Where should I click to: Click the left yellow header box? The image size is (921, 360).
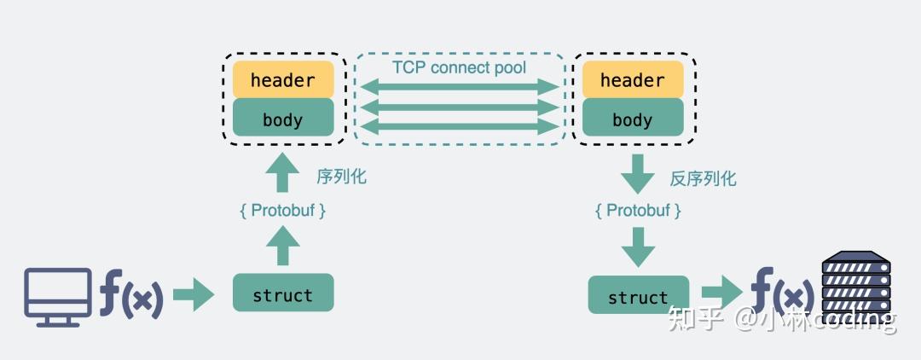pyautogui.click(x=283, y=79)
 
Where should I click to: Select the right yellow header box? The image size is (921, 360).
pyautogui.click(x=632, y=79)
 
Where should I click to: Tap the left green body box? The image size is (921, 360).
pyautogui.click(x=283, y=119)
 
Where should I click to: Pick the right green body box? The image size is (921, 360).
pyautogui.click(x=632, y=119)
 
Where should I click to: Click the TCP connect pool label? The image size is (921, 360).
pyautogui.click(x=459, y=67)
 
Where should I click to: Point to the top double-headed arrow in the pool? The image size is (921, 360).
pyautogui.click(x=460, y=86)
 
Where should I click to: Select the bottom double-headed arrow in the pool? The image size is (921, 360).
pyautogui.click(x=460, y=127)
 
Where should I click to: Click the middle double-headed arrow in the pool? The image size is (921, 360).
pyautogui.click(x=460, y=107)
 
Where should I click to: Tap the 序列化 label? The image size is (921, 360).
pyautogui.click(x=341, y=177)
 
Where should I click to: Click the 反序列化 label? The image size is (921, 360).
pyautogui.click(x=703, y=178)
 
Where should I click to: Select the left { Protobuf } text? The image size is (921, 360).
pyautogui.click(x=283, y=210)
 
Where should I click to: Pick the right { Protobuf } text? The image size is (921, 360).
pyautogui.click(x=639, y=210)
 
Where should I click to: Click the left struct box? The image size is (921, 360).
pyautogui.click(x=283, y=293)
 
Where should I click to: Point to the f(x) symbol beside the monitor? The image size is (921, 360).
pyautogui.click(x=130, y=294)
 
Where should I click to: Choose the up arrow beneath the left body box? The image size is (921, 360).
pyautogui.click(x=283, y=174)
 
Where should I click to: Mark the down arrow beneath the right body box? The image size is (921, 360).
pyautogui.click(x=639, y=176)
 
